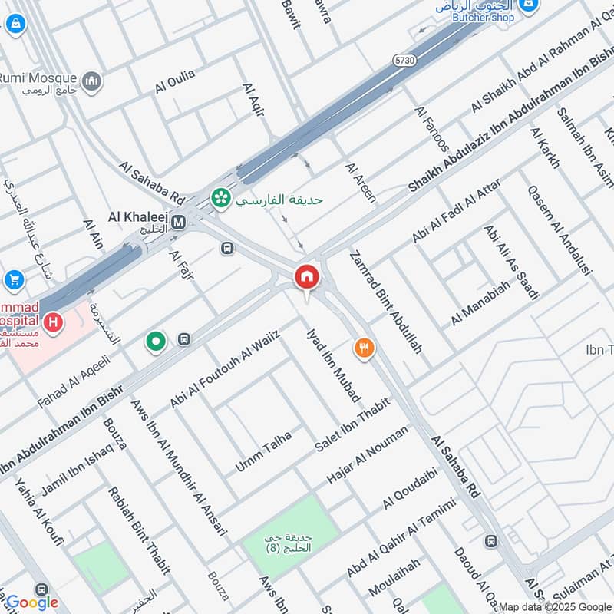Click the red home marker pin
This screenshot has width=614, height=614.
307,277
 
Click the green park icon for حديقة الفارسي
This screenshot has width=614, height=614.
221,198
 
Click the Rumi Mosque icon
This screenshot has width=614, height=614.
92,81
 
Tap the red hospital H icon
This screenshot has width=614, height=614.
52,323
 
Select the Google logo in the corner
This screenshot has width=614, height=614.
32,602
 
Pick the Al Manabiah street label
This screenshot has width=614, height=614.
480,303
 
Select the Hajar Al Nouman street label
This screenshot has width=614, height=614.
367,455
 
